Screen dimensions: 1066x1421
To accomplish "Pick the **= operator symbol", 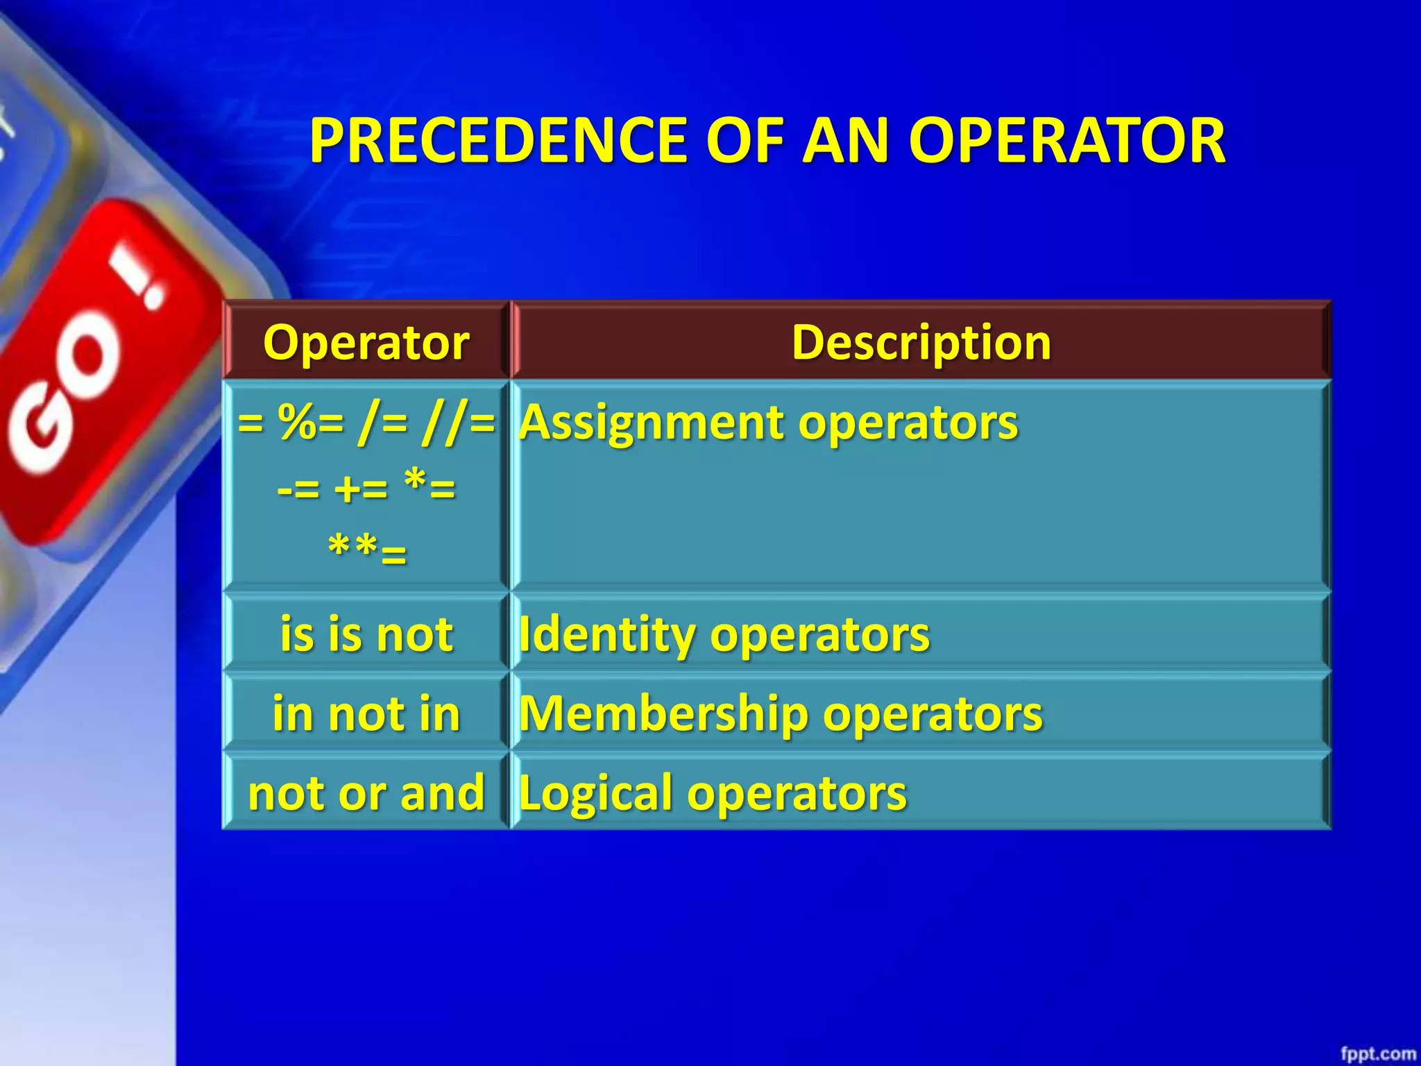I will point(366,552).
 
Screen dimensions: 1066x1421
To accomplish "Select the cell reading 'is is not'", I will point(366,634).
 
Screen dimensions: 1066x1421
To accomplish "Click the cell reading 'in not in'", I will point(366,713).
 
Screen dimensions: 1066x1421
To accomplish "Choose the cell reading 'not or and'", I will point(366,793).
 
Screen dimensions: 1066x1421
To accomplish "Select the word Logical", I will point(596,793).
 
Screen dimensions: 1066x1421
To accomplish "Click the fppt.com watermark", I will point(1377,1054).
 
